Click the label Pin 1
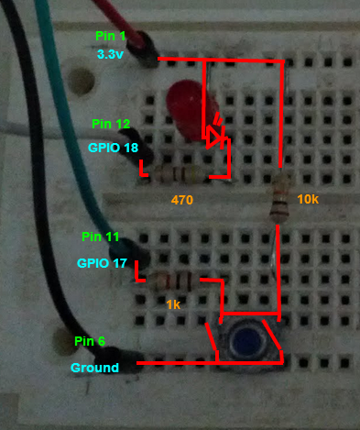pyautogui.click(x=111, y=35)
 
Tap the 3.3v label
pyautogui.click(x=112, y=54)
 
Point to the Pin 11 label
pyautogui.click(x=100, y=237)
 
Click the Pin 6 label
pyautogui.click(x=89, y=342)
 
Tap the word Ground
pyautogui.click(x=95, y=369)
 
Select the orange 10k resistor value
pyautogui.click(x=308, y=198)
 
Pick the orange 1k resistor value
pyautogui.click(x=174, y=303)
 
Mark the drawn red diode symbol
pyautogui.click(x=215, y=137)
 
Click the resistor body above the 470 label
pyautogui.click(x=184, y=173)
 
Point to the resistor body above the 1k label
pyautogui.click(x=175, y=281)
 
